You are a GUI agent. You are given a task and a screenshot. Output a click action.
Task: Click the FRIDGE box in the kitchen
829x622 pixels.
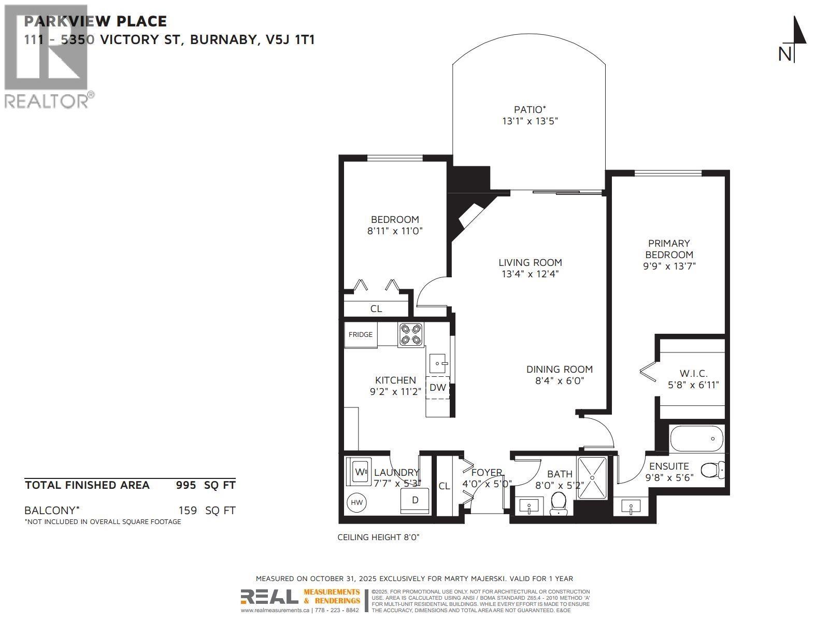361,335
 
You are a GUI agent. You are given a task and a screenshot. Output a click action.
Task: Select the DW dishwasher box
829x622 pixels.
438,388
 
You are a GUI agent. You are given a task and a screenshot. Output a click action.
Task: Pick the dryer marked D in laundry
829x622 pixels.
415,501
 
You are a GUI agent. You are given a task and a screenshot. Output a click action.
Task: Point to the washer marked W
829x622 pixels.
360,472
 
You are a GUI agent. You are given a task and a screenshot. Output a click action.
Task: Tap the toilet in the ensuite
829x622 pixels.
712,471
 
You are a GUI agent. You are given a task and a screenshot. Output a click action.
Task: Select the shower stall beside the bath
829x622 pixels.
595,477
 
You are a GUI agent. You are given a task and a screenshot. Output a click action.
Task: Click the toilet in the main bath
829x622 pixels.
559,503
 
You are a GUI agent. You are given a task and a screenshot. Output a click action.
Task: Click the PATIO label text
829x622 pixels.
530,109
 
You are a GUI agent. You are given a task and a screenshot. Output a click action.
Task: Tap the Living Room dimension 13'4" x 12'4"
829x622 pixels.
530,274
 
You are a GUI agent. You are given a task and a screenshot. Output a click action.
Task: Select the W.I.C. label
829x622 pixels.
693,373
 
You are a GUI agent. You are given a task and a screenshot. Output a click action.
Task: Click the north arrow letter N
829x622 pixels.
785,54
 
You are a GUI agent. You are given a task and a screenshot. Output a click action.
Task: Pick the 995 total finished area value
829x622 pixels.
186,485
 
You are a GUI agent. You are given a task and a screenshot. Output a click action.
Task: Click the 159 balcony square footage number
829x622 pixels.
188,511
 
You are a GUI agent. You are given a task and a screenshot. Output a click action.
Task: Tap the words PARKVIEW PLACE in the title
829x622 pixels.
95,21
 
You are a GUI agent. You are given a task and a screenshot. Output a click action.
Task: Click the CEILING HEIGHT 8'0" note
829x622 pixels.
378,538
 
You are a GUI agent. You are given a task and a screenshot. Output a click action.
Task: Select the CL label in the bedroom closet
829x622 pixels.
376,309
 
